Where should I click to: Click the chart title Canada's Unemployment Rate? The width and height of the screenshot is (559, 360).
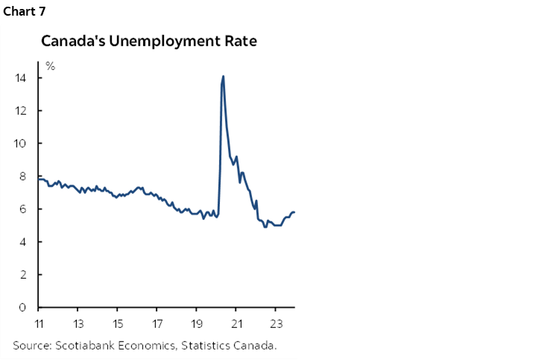(x=149, y=41)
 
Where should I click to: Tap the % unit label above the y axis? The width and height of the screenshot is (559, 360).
(x=50, y=66)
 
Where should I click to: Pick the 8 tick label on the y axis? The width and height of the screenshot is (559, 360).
(x=24, y=177)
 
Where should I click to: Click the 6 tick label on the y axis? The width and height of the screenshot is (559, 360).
(x=24, y=209)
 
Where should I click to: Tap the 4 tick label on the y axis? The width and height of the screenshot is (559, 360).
(x=24, y=242)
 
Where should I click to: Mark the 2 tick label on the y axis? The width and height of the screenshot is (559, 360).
(x=24, y=275)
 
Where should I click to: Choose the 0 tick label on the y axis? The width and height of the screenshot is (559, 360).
(x=24, y=308)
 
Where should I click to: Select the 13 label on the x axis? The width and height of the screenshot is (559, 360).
(x=78, y=323)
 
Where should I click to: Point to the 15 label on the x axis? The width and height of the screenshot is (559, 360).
(x=118, y=323)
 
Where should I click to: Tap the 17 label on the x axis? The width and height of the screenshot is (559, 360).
(x=157, y=323)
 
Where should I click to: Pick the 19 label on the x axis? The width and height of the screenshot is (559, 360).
(x=196, y=323)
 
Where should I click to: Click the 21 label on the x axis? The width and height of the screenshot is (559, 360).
(x=236, y=323)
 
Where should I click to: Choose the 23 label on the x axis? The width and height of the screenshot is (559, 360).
(x=275, y=323)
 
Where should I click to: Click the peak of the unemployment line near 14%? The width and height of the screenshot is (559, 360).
(x=223, y=77)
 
